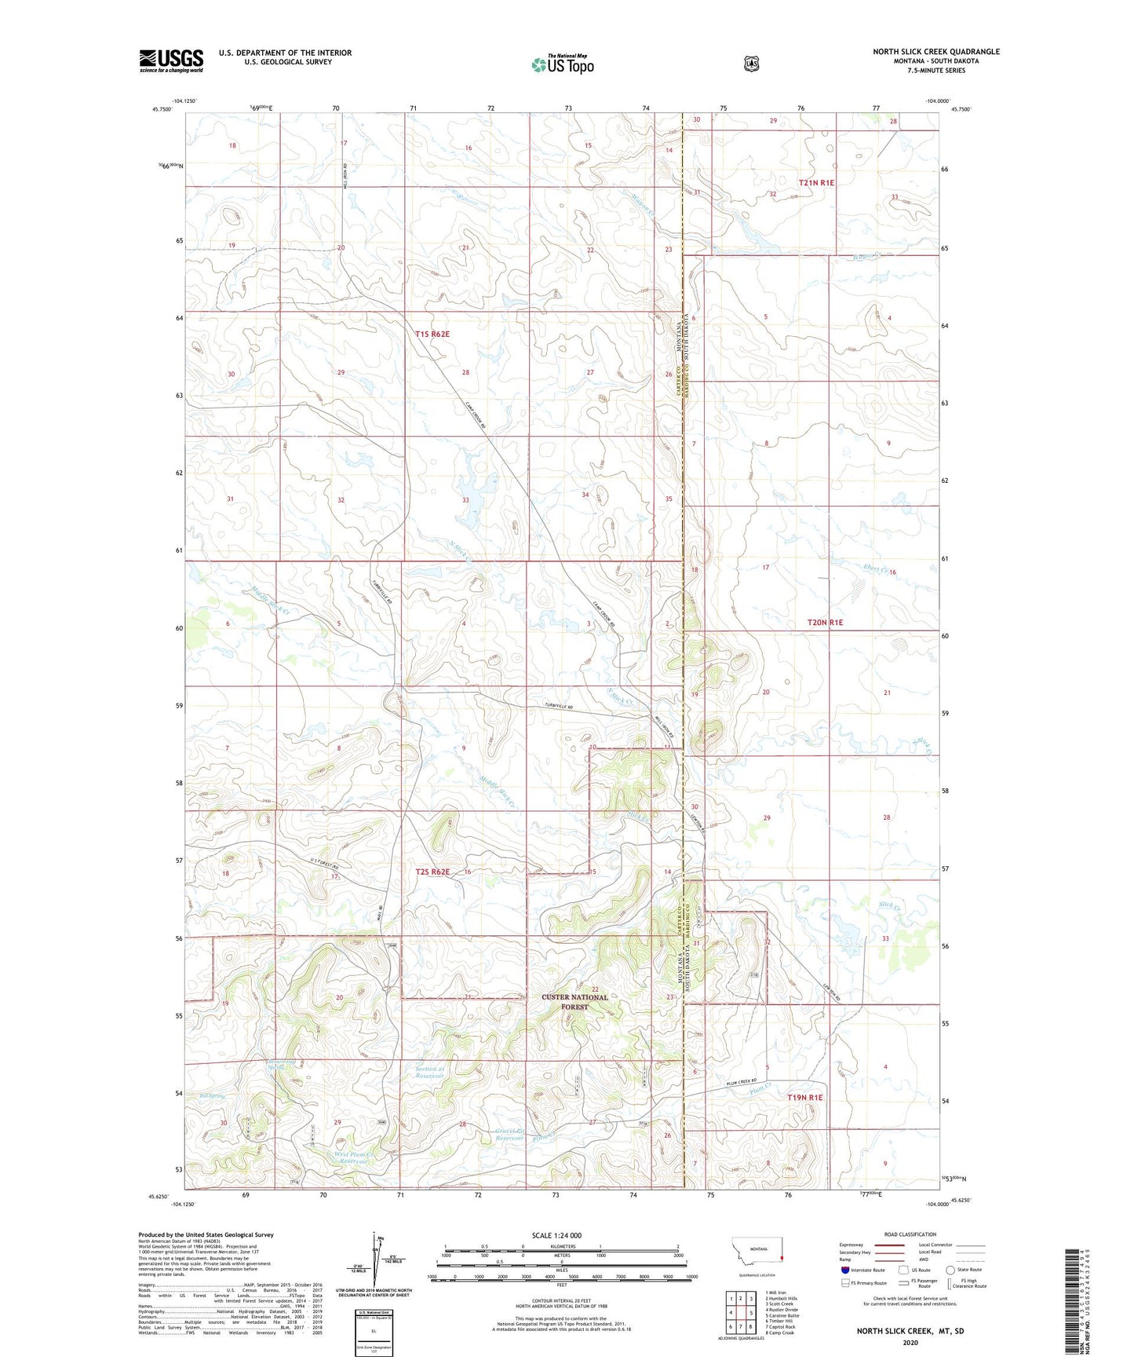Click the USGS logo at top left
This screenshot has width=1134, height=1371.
pos(171,60)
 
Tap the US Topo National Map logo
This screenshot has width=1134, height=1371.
pos(562,64)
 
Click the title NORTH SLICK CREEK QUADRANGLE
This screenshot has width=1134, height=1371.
pos(935,52)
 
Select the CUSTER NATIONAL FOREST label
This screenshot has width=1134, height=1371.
pos(574,1001)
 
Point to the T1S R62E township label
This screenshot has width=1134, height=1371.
pos(432,334)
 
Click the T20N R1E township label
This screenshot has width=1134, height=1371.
pos(825,622)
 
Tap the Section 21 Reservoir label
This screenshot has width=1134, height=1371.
pos(430,1072)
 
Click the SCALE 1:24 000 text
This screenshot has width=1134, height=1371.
pos(556,1235)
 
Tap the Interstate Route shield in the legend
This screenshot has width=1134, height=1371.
pos(844,1269)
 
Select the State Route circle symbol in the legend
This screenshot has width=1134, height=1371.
pos(950,1269)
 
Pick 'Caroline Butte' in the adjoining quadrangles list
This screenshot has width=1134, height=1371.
pos(782,1315)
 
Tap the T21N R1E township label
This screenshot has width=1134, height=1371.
pos(816,182)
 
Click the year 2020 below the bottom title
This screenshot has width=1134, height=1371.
pos(910,1342)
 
